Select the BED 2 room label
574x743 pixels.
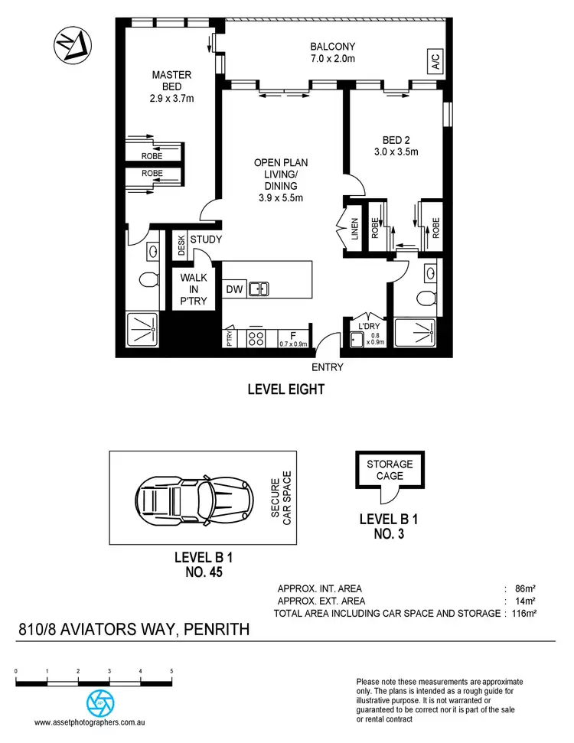coord(396,145)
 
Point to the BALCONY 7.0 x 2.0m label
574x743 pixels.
coord(334,52)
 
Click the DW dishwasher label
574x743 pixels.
coord(234,288)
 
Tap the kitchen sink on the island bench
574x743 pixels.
coord(259,288)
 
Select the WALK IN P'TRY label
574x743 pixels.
coord(194,289)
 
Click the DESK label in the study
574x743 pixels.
coord(181,243)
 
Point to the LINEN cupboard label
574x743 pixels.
coord(354,230)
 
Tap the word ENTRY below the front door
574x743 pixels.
coord(328,367)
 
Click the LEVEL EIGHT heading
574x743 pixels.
coord(286,389)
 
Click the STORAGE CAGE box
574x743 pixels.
coord(389,470)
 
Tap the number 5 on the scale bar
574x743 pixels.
coord(171,671)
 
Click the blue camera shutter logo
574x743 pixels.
coord(97,702)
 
